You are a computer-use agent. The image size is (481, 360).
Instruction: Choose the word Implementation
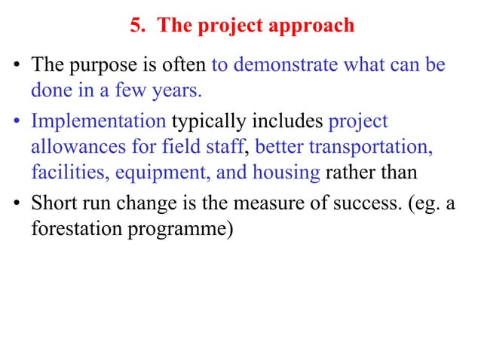(x=100, y=121)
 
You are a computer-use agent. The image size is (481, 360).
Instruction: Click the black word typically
(x=206, y=121)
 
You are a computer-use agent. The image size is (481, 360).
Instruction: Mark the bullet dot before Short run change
(x=17, y=203)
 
